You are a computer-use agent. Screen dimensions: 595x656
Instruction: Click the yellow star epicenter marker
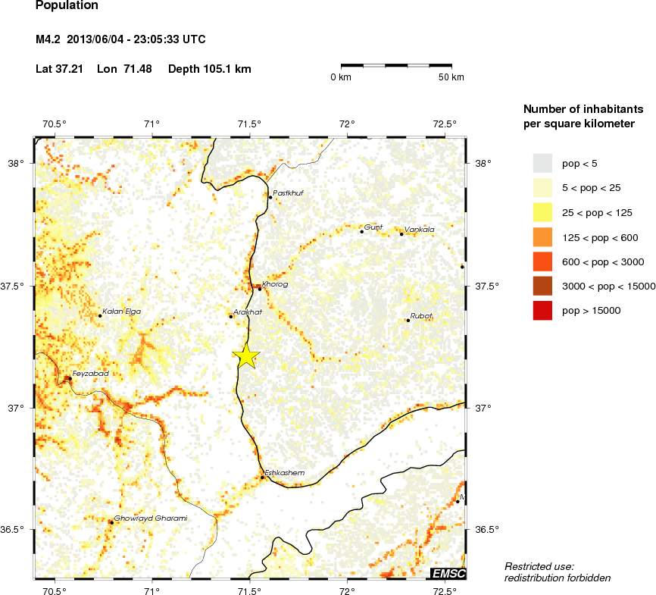coord(246,355)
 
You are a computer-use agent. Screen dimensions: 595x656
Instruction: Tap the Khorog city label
coord(274,284)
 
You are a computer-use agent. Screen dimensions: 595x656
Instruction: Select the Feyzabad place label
coord(91,374)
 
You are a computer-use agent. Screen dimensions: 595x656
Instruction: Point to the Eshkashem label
coord(285,473)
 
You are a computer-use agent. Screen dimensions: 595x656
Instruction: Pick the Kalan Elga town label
coord(122,312)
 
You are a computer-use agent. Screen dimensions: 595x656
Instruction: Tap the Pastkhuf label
coord(288,193)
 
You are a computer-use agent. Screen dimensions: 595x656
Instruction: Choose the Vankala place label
coord(420,229)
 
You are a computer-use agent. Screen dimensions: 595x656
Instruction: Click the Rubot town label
coord(421,315)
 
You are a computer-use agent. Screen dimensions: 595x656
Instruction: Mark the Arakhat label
coord(248,312)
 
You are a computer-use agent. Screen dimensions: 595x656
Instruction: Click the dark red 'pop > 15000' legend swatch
coord(542,310)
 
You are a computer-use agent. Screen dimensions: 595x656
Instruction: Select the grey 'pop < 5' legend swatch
coord(542,163)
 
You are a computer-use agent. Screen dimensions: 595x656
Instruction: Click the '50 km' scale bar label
coord(451,78)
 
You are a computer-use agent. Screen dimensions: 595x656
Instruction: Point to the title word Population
coord(67,6)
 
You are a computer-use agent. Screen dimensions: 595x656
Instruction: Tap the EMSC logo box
coord(448,573)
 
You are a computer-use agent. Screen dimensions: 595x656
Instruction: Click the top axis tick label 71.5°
coord(249,124)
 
